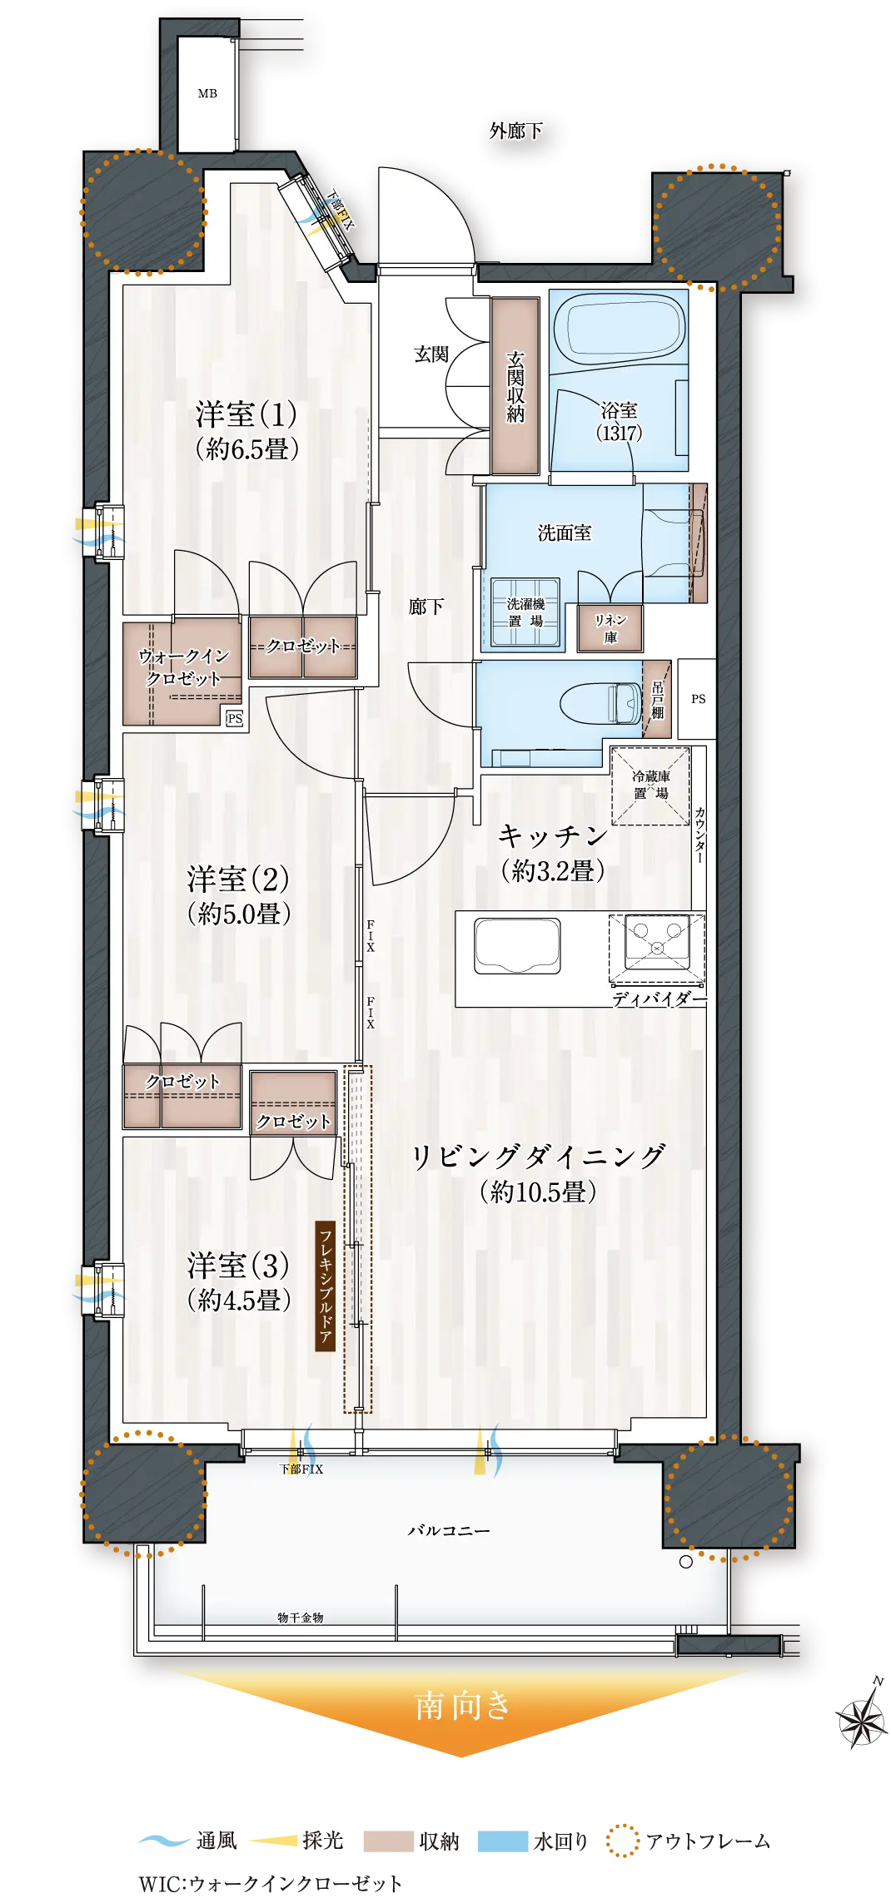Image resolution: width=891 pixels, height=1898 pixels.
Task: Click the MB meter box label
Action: [207, 94]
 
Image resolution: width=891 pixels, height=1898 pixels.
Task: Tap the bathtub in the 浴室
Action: [619, 328]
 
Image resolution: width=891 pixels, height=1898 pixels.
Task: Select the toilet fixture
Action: [600, 703]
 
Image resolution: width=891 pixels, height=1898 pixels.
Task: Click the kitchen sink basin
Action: [517, 945]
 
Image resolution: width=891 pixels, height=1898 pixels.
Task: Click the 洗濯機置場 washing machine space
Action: [525, 612]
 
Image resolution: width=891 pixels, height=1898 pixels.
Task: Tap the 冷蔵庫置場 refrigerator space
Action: [650, 785]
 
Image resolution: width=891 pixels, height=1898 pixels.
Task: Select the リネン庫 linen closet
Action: [610, 628]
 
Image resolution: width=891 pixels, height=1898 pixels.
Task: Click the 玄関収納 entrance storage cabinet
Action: [515, 386]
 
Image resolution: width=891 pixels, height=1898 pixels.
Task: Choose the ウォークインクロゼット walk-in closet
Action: [183, 671]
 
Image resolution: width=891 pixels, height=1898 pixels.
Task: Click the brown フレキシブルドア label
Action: [325, 1286]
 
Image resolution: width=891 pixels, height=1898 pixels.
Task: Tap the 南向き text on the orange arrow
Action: [462, 1705]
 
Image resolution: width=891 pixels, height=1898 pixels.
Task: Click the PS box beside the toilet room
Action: [697, 699]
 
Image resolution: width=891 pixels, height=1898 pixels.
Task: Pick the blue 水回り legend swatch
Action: [503, 1841]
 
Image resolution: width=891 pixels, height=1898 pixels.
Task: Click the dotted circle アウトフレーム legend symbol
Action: [622, 1841]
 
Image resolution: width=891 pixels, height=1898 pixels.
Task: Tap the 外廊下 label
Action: [516, 131]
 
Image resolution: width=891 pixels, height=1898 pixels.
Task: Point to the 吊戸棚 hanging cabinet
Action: [657, 699]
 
